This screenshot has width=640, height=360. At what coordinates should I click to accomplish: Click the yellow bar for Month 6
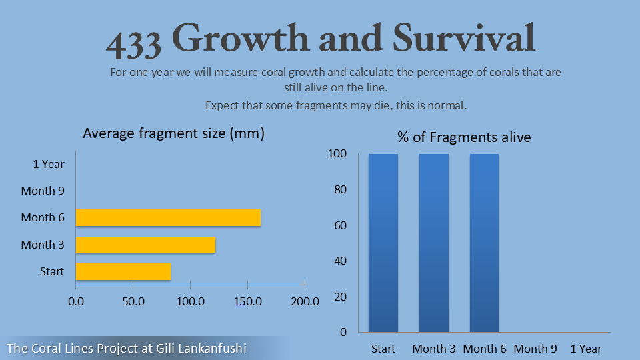tap(168, 218)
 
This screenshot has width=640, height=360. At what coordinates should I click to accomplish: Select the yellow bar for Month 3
tap(145, 245)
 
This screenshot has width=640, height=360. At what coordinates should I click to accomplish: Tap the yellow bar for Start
tap(123, 271)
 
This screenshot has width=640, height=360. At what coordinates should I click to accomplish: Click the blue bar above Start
tap(383, 243)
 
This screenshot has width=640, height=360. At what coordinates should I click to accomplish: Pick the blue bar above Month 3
tap(434, 243)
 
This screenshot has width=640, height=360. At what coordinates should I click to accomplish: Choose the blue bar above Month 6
tap(484, 243)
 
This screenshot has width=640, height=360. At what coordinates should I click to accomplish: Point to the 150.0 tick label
tap(248, 301)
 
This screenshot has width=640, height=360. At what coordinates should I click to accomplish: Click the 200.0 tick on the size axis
tap(306, 301)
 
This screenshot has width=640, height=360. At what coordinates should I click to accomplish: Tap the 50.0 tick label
tap(133, 301)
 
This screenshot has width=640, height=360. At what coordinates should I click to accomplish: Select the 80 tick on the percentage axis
tap(340, 190)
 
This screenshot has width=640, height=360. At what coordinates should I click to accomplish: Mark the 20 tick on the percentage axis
tap(340, 297)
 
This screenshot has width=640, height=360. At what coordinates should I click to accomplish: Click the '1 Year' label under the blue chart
tap(586, 349)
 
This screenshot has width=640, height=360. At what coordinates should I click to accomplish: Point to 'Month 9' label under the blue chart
tap(535, 349)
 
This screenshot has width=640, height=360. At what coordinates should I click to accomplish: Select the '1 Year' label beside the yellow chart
tap(49, 164)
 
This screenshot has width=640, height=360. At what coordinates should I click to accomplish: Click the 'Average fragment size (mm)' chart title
tap(174, 133)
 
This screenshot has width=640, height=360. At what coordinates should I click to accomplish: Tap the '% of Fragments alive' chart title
tap(464, 137)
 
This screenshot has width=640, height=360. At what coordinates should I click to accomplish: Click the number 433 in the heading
tap(134, 43)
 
